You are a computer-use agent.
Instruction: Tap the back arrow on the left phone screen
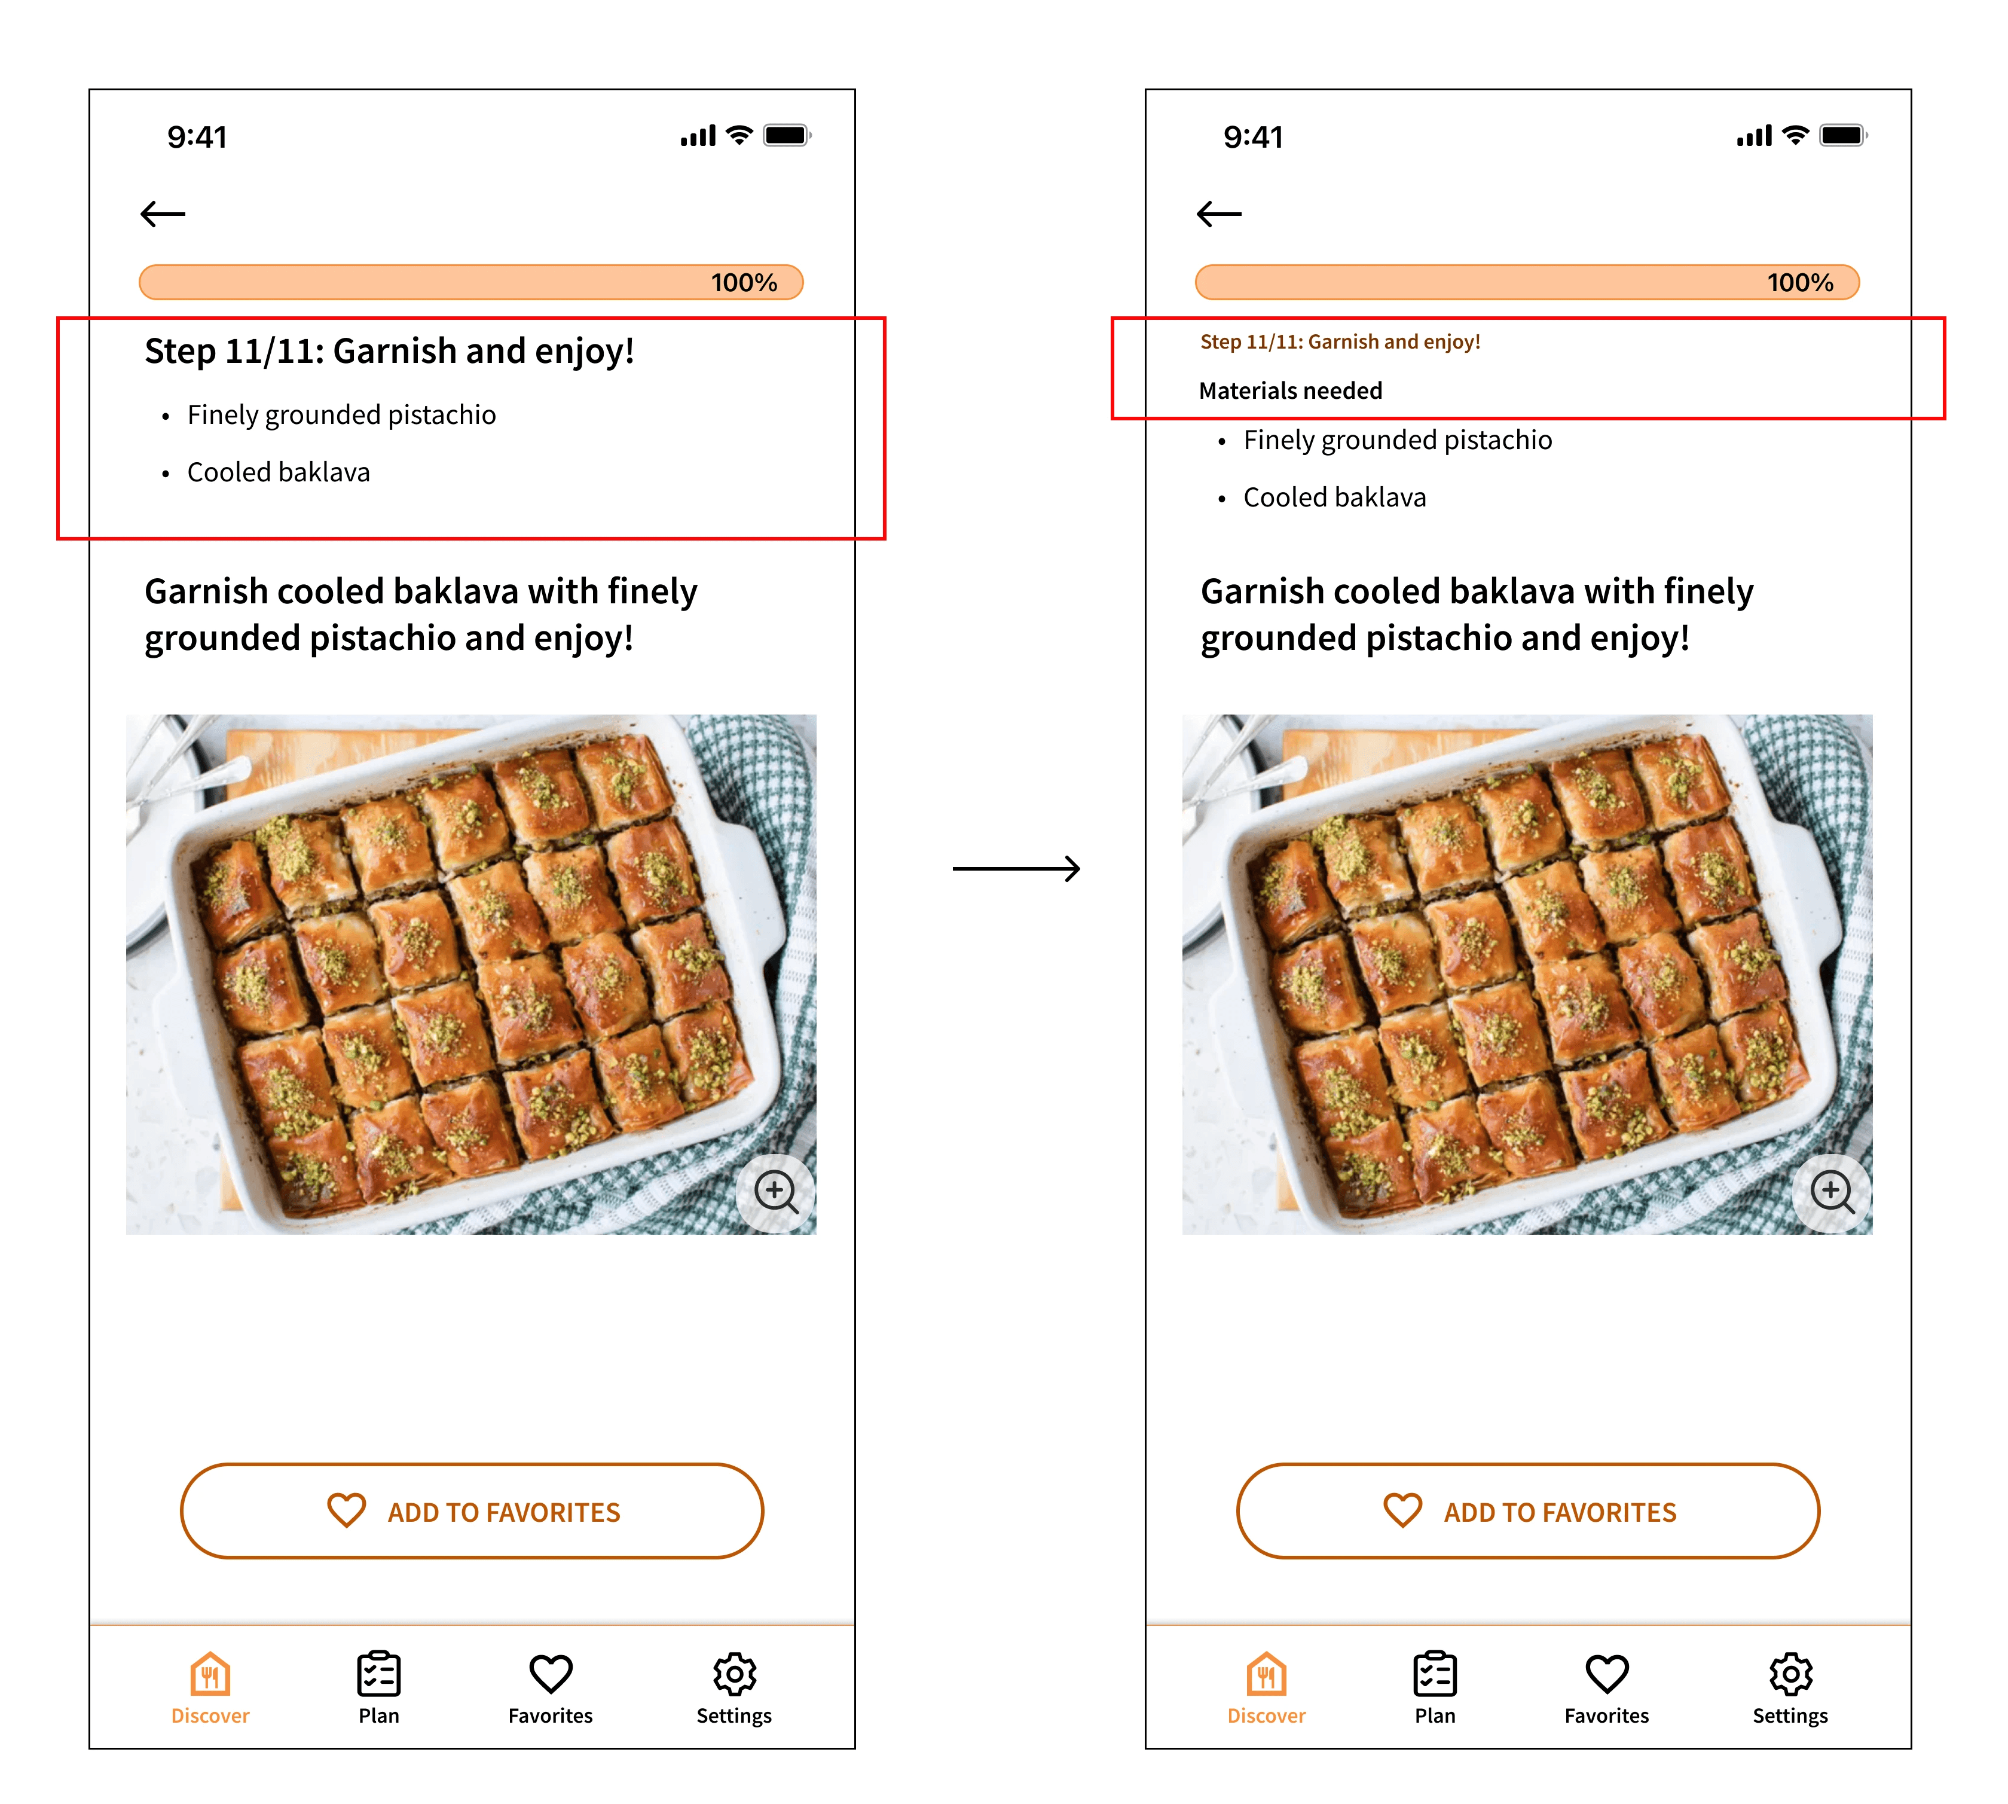pyautogui.click(x=163, y=213)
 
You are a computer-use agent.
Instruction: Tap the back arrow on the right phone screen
pyautogui.click(x=1218, y=213)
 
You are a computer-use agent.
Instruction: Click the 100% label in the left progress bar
pyautogui.click(x=743, y=282)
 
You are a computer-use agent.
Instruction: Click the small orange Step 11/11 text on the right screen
pyautogui.click(x=1340, y=342)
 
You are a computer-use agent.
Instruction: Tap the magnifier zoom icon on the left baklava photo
pyautogui.click(x=776, y=1192)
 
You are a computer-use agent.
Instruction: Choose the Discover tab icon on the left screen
pyautogui.click(x=210, y=1674)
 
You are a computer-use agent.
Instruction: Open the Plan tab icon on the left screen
pyautogui.click(x=378, y=1674)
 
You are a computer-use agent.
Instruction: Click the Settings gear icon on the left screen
pyautogui.click(x=735, y=1674)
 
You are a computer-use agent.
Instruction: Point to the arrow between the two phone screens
pyautogui.click(x=1016, y=868)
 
